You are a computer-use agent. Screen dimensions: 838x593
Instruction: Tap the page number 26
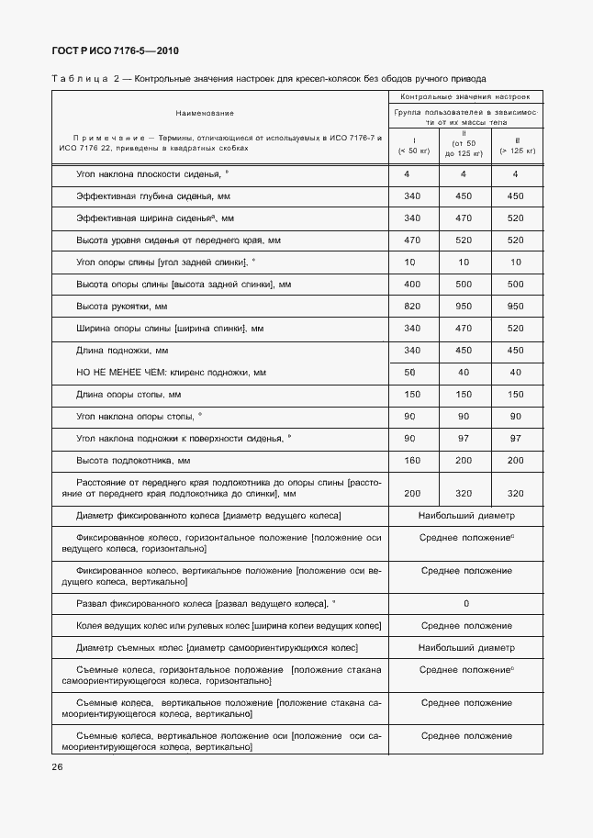pos(57,766)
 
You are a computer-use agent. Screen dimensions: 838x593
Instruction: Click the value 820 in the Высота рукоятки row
pos(411,306)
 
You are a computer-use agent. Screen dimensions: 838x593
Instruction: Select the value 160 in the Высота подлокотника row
pos(411,460)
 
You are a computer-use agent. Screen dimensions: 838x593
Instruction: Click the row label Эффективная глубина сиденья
pos(153,196)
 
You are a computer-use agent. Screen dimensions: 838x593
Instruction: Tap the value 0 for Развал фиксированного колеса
pos(466,603)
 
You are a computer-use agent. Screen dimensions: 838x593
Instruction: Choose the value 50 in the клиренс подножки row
pos(411,372)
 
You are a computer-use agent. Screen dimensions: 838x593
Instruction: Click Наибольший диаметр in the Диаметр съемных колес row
pos(466,647)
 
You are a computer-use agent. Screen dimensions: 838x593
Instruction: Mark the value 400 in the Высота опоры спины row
pos(411,284)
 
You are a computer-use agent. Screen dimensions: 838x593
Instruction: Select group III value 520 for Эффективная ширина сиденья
pos(515,218)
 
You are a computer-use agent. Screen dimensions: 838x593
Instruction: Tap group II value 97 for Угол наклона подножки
pos(463,438)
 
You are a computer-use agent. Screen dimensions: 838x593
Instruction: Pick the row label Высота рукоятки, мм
pos(123,306)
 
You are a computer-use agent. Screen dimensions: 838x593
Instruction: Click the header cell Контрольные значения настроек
pos(466,96)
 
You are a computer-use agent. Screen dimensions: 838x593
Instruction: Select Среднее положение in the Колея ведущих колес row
pos(466,625)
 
